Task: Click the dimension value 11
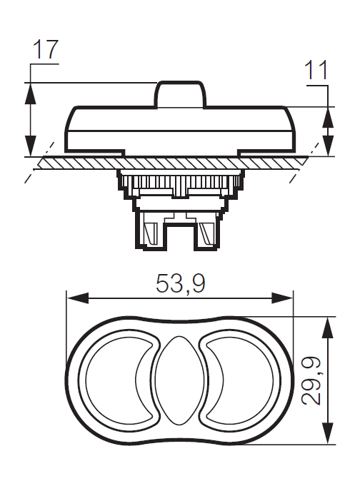[316, 71]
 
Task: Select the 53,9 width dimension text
[180, 284]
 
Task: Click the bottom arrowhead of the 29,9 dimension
[328, 437]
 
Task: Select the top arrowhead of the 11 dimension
[328, 113]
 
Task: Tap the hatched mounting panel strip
[179, 163]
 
